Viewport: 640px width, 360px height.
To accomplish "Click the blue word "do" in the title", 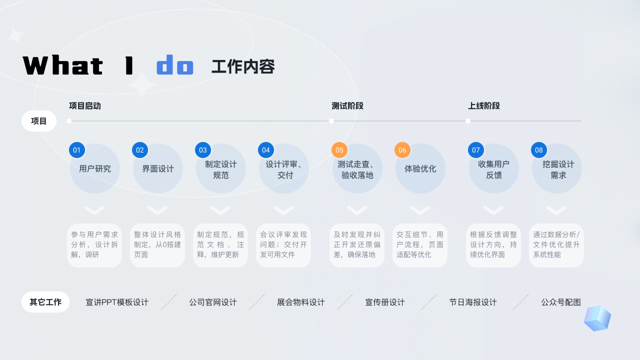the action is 175,65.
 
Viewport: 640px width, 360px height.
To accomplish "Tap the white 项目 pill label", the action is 39,121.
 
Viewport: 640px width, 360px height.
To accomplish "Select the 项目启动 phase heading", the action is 85,106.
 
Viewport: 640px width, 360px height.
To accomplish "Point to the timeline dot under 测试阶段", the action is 331,121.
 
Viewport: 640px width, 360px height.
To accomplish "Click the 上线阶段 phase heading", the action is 484,106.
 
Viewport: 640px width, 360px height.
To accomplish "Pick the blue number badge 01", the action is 76,150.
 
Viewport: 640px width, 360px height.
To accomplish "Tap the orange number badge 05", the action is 339,150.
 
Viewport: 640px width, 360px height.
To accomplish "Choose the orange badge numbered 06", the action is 402,150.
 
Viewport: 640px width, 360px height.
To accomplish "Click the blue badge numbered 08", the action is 539,150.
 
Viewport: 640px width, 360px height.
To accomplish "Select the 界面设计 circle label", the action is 158,169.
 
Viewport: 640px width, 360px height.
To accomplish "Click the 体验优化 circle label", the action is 420,169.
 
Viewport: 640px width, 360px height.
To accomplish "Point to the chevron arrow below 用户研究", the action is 94,210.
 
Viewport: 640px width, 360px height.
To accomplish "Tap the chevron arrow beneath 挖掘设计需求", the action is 556,210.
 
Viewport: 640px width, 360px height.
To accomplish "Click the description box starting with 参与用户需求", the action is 94,245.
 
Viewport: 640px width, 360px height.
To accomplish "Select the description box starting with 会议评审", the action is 283,245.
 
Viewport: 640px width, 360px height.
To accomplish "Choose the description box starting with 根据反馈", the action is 493,245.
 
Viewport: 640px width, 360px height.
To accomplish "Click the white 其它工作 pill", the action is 45,302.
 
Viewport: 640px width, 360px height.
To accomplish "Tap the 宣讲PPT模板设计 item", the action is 117,302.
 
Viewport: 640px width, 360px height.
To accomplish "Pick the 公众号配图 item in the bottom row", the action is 561,302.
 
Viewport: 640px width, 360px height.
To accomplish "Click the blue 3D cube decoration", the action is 597,318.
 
